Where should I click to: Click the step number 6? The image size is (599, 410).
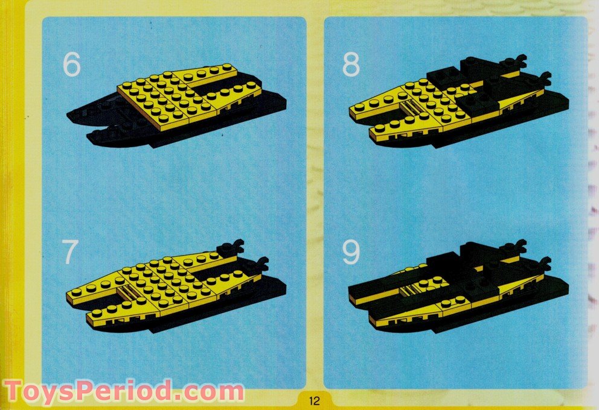coord(71,65)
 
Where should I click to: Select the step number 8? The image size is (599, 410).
coord(351,65)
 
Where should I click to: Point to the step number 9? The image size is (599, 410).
coord(351,253)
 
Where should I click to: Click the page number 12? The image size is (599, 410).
coord(313,400)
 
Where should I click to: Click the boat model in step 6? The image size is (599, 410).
coord(175,106)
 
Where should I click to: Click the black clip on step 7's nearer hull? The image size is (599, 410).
coord(261,263)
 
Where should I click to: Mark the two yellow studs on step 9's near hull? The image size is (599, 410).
coord(457,300)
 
